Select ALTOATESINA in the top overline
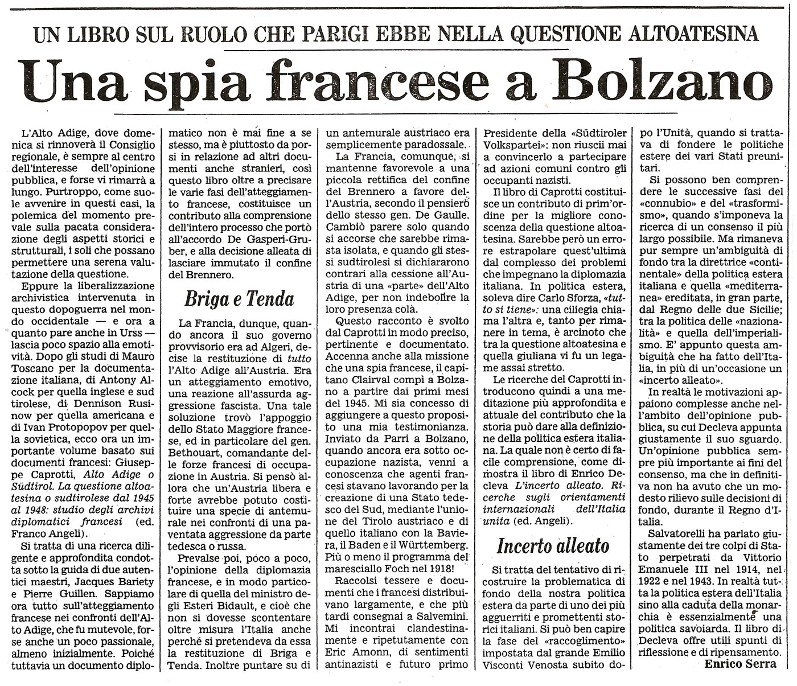(683, 34)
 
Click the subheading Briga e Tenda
(239, 299)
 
